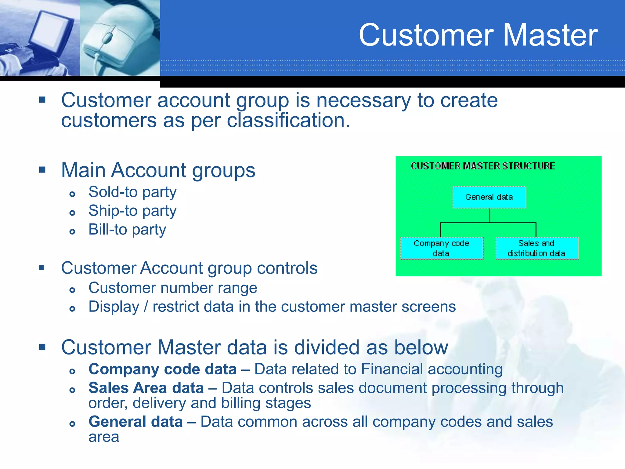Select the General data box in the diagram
coord(489,197)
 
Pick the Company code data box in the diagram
coord(442,248)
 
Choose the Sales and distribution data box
coord(536,248)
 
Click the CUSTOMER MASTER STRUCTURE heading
coord(482,166)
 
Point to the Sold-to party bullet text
coord(132,192)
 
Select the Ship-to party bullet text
coord(132,211)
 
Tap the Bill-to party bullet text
coord(127,230)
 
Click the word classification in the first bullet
coord(288,121)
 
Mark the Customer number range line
coord(173,288)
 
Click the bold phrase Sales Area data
coord(146,388)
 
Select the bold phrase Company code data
coord(162,369)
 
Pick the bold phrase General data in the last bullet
coord(135,422)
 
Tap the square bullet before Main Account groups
coord(42,170)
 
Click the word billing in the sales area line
coord(241,403)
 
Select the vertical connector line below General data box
coord(490,216)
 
